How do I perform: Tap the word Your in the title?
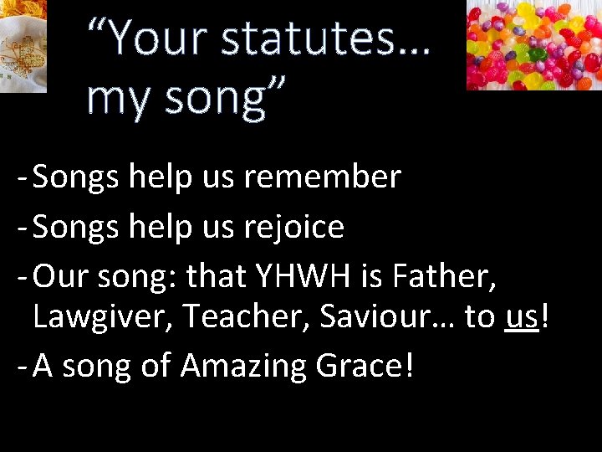click(155, 39)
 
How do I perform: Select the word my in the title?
click(116, 97)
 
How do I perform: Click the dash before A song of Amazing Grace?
click(21, 367)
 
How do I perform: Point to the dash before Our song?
click(21, 275)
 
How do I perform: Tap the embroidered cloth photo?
click(23, 45)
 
